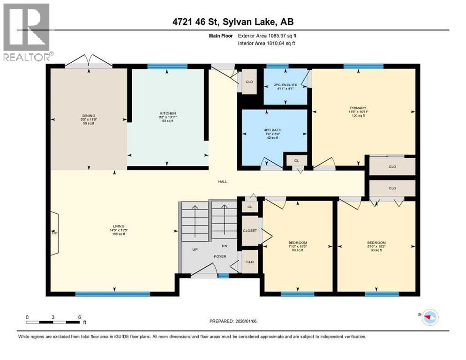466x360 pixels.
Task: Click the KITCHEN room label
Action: tap(168, 113)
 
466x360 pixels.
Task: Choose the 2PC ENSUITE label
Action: tap(286, 85)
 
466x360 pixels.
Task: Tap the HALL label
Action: tap(222, 181)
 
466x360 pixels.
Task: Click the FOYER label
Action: tap(220, 256)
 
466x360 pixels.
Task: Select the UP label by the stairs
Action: tap(195, 249)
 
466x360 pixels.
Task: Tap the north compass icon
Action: tap(428, 317)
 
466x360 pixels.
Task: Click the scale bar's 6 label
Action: tap(80, 317)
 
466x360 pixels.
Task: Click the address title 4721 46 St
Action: tap(233, 22)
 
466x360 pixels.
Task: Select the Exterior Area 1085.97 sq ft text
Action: tap(267, 35)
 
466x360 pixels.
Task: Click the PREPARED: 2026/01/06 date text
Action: tap(233, 321)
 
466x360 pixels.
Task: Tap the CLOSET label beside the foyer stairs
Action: tap(249, 231)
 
